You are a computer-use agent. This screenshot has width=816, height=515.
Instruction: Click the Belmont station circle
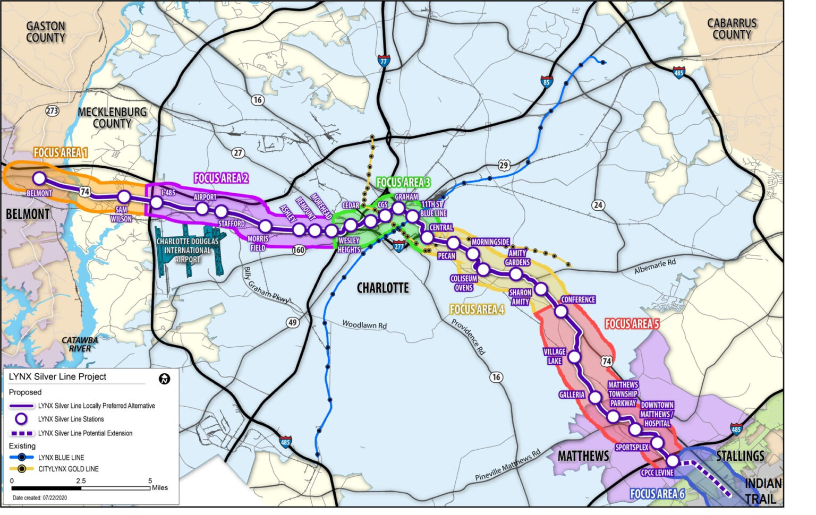point(39,178)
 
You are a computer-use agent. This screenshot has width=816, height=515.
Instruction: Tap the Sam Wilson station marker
point(124,197)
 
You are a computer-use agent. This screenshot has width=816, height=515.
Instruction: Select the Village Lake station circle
point(574,357)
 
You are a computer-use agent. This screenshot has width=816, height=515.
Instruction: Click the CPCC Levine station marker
point(673,460)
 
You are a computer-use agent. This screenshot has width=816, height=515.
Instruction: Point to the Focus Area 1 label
point(60,153)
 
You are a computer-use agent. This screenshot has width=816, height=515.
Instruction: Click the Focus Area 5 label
point(632,324)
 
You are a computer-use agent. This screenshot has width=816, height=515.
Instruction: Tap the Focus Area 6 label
point(657,494)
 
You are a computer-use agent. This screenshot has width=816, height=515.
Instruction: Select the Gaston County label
point(46,32)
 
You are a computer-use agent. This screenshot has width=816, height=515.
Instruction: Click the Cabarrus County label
point(732,29)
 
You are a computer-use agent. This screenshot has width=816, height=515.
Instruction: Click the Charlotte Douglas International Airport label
point(187,250)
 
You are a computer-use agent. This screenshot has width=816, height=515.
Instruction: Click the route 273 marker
point(52,110)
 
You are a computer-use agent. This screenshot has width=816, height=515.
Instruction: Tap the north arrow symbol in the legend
point(164,379)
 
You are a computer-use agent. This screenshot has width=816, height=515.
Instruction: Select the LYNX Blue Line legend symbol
point(21,457)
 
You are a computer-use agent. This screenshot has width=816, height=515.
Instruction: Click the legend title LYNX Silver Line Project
point(57,377)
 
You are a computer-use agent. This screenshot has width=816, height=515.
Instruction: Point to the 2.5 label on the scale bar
point(80,480)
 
